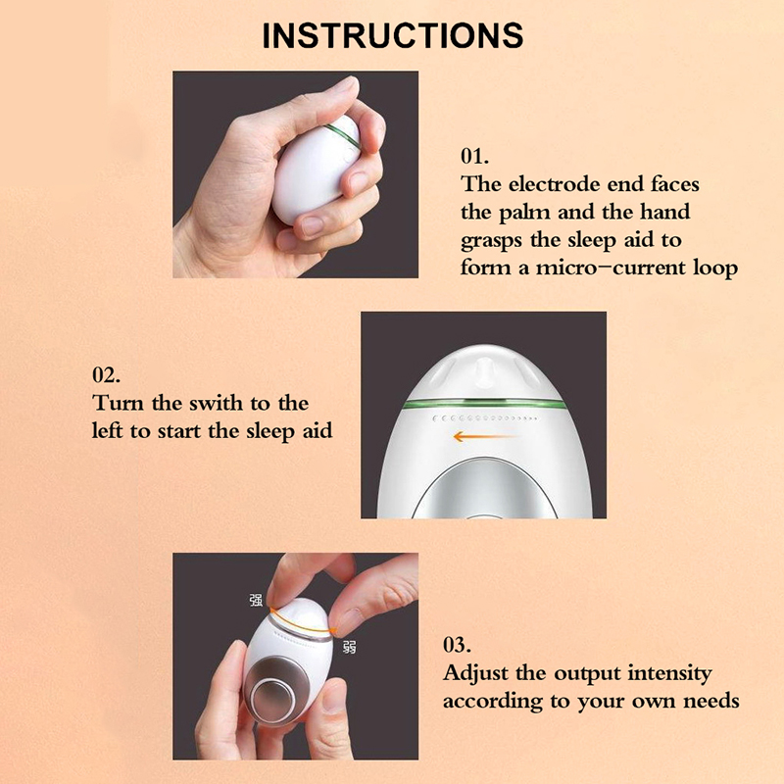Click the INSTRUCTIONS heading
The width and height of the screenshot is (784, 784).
click(x=393, y=35)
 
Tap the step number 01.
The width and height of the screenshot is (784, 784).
click(x=474, y=157)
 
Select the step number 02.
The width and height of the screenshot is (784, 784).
click(x=106, y=375)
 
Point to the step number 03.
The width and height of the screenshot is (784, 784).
click(x=457, y=645)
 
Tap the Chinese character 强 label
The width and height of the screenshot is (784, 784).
click(x=256, y=600)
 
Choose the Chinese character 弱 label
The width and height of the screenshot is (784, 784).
click(x=350, y=647)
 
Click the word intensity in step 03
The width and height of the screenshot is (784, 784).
click(x=670, y=674)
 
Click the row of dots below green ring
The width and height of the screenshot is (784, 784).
click(x=485, y=418)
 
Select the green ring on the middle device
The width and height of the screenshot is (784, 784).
click(x=484, y=403)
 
